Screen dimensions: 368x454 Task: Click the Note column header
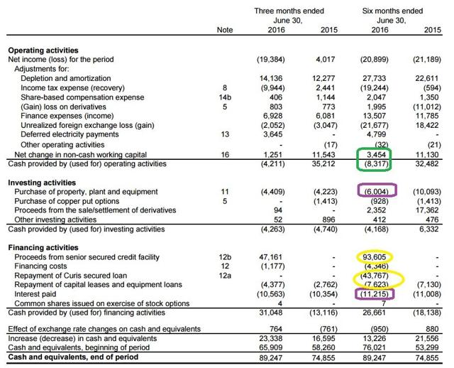223,29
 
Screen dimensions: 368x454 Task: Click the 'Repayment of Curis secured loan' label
73,275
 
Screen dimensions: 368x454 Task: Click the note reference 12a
224,275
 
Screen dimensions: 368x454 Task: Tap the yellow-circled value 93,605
377,256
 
